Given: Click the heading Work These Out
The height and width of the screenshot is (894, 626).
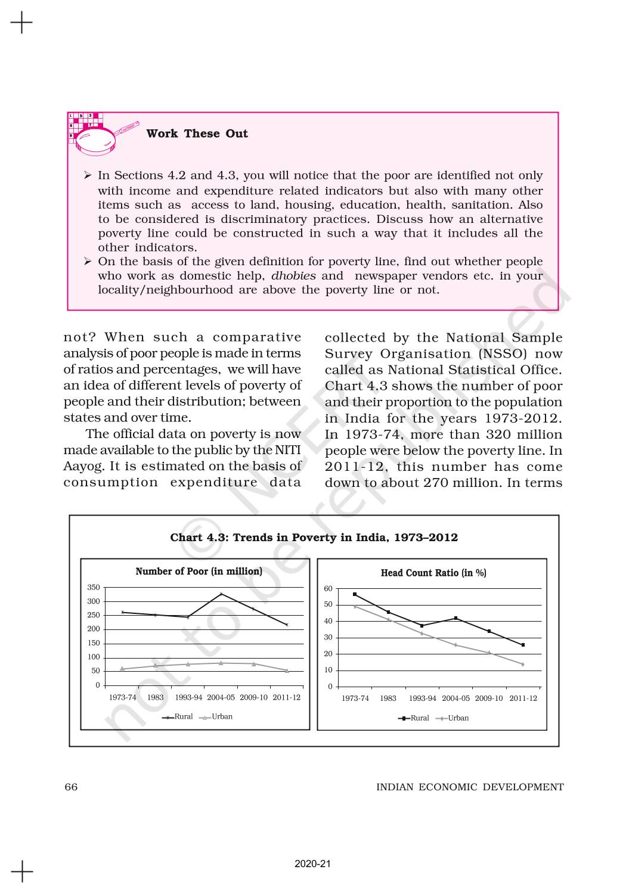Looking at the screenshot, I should click(197, 134).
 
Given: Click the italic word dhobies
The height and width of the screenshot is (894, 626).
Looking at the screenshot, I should click(293, 276).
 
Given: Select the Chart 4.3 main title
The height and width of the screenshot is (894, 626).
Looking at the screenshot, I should click(314, 538).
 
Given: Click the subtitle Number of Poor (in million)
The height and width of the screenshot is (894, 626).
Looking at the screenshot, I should click(199, 572).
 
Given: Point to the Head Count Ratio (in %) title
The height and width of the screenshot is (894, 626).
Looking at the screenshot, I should click(433, 573).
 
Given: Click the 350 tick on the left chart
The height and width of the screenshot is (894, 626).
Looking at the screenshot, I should click(94, 588).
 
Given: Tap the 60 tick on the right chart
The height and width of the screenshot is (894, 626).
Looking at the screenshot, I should click(328, 589).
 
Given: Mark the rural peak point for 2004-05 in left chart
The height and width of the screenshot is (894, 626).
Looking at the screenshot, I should click(221, 594).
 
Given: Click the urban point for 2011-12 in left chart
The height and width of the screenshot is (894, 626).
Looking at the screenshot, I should click(287, 670).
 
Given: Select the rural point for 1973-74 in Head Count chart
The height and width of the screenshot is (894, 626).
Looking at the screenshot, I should click(355, 594).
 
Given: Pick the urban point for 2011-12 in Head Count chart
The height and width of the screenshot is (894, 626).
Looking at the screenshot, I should click(523, 664).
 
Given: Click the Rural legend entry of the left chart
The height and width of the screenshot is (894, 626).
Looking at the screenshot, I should click(178, 717).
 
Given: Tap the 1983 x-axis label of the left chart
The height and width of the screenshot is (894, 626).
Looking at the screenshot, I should click(156, 697).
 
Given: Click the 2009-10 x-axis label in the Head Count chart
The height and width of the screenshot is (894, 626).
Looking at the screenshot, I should click(489, 699).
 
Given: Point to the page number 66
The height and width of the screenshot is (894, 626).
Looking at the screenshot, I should click(71, 787).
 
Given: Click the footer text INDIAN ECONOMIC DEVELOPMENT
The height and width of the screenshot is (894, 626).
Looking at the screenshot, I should click(470, 787).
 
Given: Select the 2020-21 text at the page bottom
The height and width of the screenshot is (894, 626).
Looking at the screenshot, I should click(312, 864).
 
